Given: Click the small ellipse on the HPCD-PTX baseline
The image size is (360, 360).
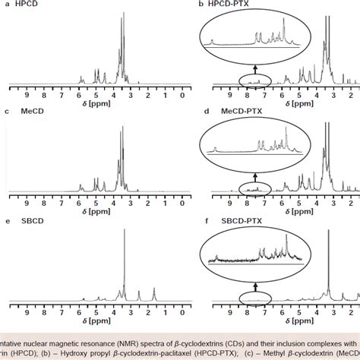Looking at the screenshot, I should (x=257, y=80).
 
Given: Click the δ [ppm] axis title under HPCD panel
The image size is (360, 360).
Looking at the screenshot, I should (x=98, y=103).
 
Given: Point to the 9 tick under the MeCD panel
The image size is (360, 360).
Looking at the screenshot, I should (x=27, y=203).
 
